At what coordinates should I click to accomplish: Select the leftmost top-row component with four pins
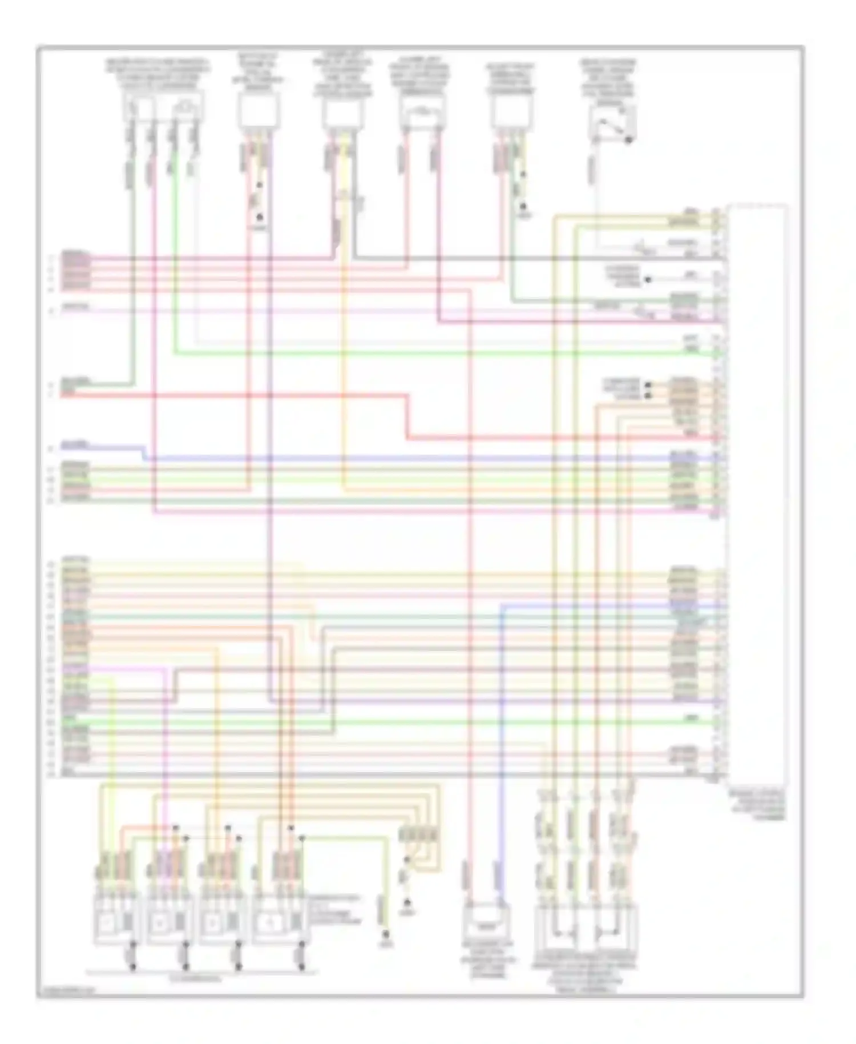click(x=163, y=106)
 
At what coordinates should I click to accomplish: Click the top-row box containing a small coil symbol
click(x=422, y=111)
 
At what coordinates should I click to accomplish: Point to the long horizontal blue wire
click(x=399, y=459)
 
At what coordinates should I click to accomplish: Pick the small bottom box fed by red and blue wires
click(x=486, y=921)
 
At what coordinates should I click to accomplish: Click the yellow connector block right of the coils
click(x=419, y=834)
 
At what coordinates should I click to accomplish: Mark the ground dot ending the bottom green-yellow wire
click(x=386, y=934)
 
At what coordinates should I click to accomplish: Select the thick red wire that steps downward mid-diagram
click(x=407, y=417)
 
